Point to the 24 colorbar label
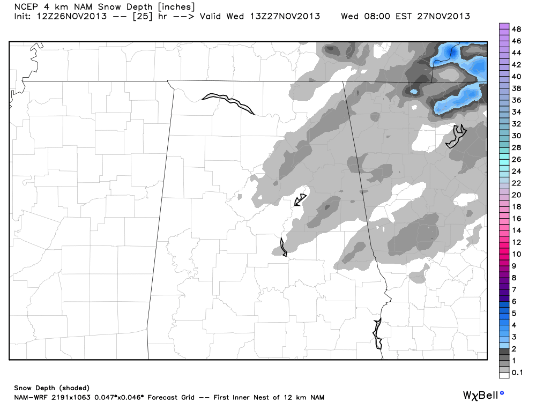click(517, 172)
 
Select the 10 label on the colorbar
click(517, 254)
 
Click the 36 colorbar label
click(517, 100)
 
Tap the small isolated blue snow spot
click(413, 92)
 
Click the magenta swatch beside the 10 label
click(504, 254)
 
